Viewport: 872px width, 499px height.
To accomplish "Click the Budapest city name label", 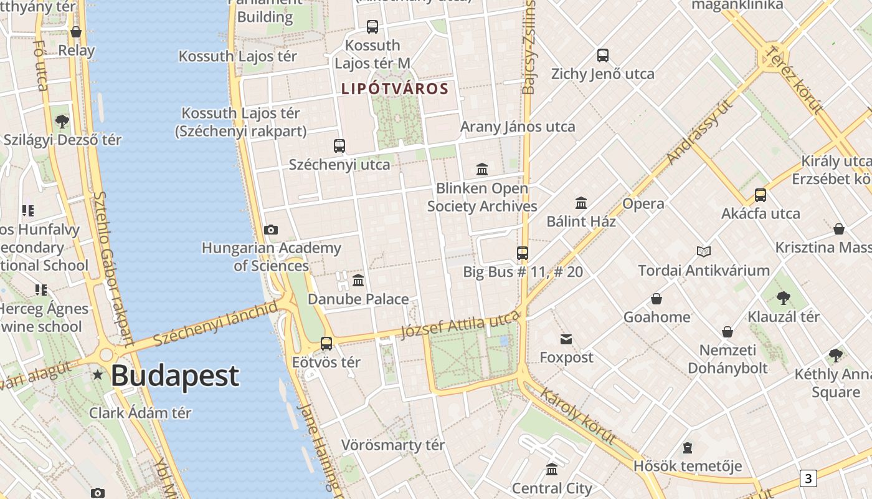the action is click(x=174, y=375).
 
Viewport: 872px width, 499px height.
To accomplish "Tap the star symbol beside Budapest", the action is click(x=98, y=375).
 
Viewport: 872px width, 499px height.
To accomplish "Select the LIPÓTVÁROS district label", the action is click(x=395, y=89).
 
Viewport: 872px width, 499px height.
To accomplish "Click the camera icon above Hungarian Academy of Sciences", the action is click(x=270, y=230).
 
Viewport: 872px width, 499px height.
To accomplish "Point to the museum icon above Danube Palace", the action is click(x=358, y=281).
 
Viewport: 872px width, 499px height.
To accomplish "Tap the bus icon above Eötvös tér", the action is click(x=326, y=343).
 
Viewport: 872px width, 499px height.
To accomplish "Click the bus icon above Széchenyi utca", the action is click(x=339, y=146).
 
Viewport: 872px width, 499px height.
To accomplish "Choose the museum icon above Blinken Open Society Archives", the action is click(x=482, y=169).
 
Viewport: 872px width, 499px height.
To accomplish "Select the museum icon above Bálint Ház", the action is click(x=581, y=203).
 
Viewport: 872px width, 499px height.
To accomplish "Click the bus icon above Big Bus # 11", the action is click(x=523, y=253).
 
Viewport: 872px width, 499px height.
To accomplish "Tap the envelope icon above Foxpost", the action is click(x=566, y=339).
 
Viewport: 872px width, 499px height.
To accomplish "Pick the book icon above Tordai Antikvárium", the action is click(x=704, y=251).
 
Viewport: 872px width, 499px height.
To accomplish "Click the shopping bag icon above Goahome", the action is click(x=656, y=299).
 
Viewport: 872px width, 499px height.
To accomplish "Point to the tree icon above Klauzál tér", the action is click(x=784, y=298).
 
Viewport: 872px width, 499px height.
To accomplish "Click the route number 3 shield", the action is click(x=808, y=478).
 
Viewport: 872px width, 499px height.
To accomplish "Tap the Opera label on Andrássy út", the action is click(x=643, y=204).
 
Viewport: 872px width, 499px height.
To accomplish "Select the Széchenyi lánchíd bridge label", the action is click(x=215, y=324).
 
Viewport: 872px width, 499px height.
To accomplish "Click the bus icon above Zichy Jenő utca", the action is click(x=603, y=56).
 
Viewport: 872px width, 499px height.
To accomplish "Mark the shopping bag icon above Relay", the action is click(x=76, y=32).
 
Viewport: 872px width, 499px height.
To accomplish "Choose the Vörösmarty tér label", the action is click(x=393, y=445).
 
